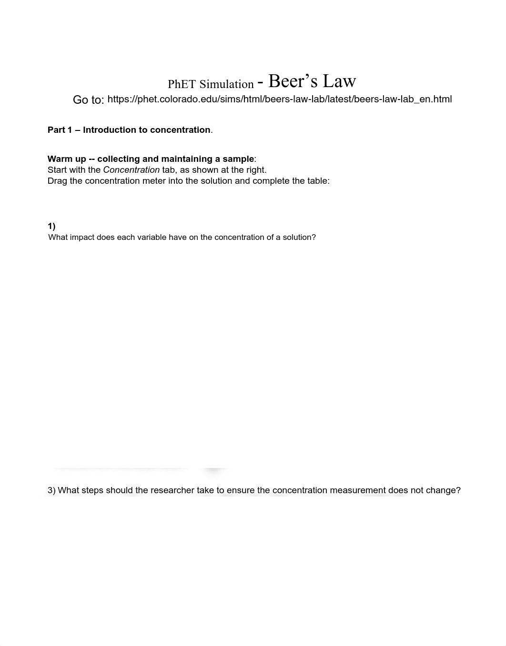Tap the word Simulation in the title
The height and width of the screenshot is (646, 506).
pos(226,84)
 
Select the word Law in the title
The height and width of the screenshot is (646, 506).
pos(339,81)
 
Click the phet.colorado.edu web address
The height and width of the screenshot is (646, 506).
pos(280,99)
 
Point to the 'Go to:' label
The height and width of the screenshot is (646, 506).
pos(88,100)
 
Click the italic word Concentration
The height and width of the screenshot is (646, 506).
pos(131,170)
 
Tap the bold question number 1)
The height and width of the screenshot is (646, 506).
pos(51,227)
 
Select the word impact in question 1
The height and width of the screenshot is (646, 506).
pos(82,237)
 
